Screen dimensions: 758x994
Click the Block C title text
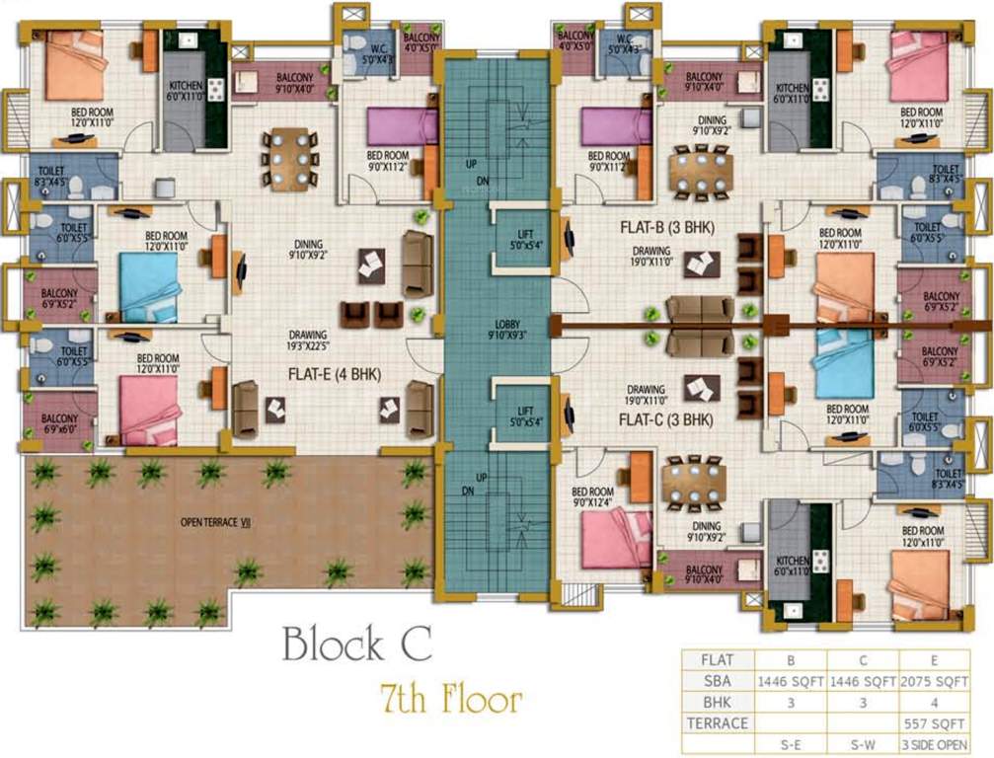point(356,644)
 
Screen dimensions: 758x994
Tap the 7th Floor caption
point(451,700)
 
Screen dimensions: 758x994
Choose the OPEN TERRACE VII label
point(215,522)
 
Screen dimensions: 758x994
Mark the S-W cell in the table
point(863,743)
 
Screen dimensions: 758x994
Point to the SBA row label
point(716,682)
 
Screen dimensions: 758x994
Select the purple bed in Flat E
point(400,125)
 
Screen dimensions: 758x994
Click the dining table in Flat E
point(289,158)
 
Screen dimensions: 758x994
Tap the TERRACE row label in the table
point(716,722)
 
